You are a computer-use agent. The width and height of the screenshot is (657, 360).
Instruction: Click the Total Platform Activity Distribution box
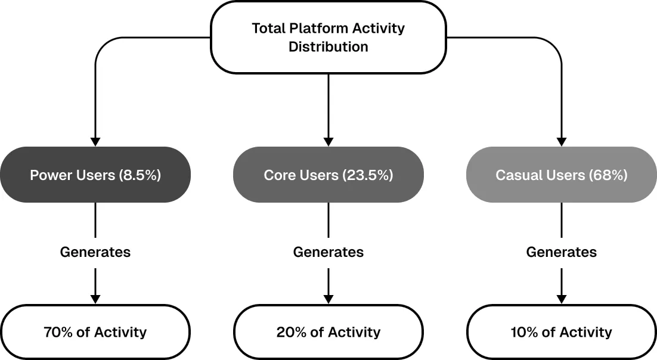tap(328, 38)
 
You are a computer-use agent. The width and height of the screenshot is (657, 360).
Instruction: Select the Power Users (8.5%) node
tap(95, 175)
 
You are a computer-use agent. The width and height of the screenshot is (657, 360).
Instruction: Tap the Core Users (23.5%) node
tap(328, 175)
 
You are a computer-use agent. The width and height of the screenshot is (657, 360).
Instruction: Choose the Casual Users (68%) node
tap(562, 175)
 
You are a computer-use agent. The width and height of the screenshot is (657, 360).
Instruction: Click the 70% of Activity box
tap(95, 332)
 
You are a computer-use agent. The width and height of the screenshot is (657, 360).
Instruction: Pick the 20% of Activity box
tap(328, 332)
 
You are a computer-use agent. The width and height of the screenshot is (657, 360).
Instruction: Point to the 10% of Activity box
tap(562, 332)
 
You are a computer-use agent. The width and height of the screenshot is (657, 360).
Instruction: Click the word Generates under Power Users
tap(95, 252)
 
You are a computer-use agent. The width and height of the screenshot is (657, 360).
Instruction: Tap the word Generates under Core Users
tap(328, 252)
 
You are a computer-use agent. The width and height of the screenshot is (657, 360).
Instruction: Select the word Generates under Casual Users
tap(562, 252)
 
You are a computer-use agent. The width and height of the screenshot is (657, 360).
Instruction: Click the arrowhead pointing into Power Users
tap(95, 142)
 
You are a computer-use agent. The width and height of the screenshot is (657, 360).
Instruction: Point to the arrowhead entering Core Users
tap(328, 142)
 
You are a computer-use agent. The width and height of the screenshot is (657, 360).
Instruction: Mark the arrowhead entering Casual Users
tap(562, 142)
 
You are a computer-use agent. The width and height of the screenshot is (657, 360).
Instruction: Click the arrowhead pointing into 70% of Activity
tap(95, 299)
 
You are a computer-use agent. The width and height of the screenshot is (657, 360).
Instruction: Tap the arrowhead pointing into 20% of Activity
tap(328, 299)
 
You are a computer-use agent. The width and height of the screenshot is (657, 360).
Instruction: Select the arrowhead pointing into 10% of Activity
tap(562, 299)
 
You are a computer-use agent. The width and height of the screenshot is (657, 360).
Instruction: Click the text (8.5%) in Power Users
tap(140, 175)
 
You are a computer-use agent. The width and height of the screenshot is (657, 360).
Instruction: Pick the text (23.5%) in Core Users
tap(367, 175)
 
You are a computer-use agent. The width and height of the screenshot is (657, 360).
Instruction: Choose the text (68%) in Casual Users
tap(608, 175)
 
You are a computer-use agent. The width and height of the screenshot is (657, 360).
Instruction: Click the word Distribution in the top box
tap(328, 46)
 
